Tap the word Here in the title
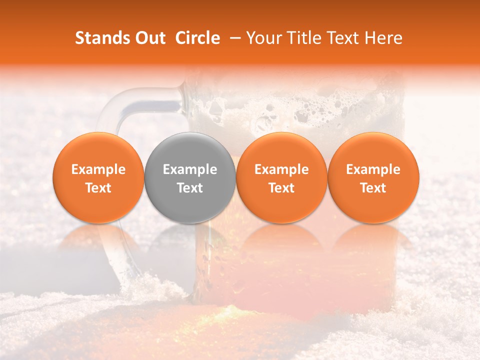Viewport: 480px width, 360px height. [383, 38]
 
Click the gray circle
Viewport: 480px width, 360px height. [190, 177]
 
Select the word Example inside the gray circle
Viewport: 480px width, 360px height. [190, 169]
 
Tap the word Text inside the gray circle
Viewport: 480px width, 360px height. [190, 188]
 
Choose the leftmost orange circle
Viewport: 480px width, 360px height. [98, 177]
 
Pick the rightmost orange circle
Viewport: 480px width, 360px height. [373, 177]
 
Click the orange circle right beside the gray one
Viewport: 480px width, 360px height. [281, 177]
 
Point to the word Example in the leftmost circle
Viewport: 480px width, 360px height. [98, 169]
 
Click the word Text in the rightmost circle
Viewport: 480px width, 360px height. [373, 188]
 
